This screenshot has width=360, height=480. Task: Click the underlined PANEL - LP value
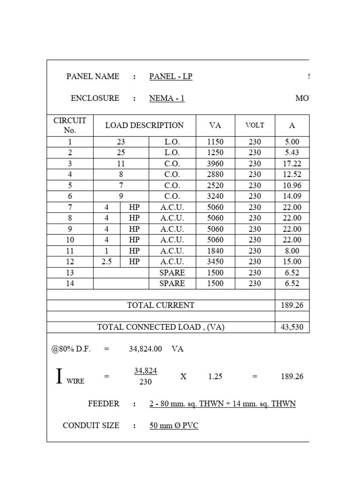coord(171,76)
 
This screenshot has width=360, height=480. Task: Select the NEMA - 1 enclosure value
coord(167,98)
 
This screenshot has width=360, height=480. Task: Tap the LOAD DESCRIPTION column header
coord(144,125)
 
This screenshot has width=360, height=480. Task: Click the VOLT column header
coord(255,125)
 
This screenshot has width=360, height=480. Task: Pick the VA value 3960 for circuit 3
coord(215,164)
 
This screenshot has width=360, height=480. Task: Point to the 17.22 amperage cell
coord(292,164)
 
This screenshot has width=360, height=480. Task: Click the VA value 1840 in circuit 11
coord(215,251)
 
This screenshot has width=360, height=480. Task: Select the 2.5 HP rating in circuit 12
coord(107,262)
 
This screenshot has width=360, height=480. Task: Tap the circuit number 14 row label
coord(70,283)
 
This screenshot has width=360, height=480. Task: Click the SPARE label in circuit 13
coord(172,272)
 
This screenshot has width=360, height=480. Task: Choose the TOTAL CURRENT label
coord(161,305)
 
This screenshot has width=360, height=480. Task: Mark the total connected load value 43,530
coord(292,327)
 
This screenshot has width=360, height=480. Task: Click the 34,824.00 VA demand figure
coord(145,349)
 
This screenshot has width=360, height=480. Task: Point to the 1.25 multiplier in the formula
coord(216,376)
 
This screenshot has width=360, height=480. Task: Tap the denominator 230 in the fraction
coord(145,382)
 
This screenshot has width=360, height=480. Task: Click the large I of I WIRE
coord(59,376)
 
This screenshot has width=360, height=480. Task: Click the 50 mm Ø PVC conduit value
coord(174,426)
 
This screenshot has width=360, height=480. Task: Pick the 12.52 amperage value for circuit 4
coord(292,174)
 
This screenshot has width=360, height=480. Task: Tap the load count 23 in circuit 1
coord(121,142)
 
